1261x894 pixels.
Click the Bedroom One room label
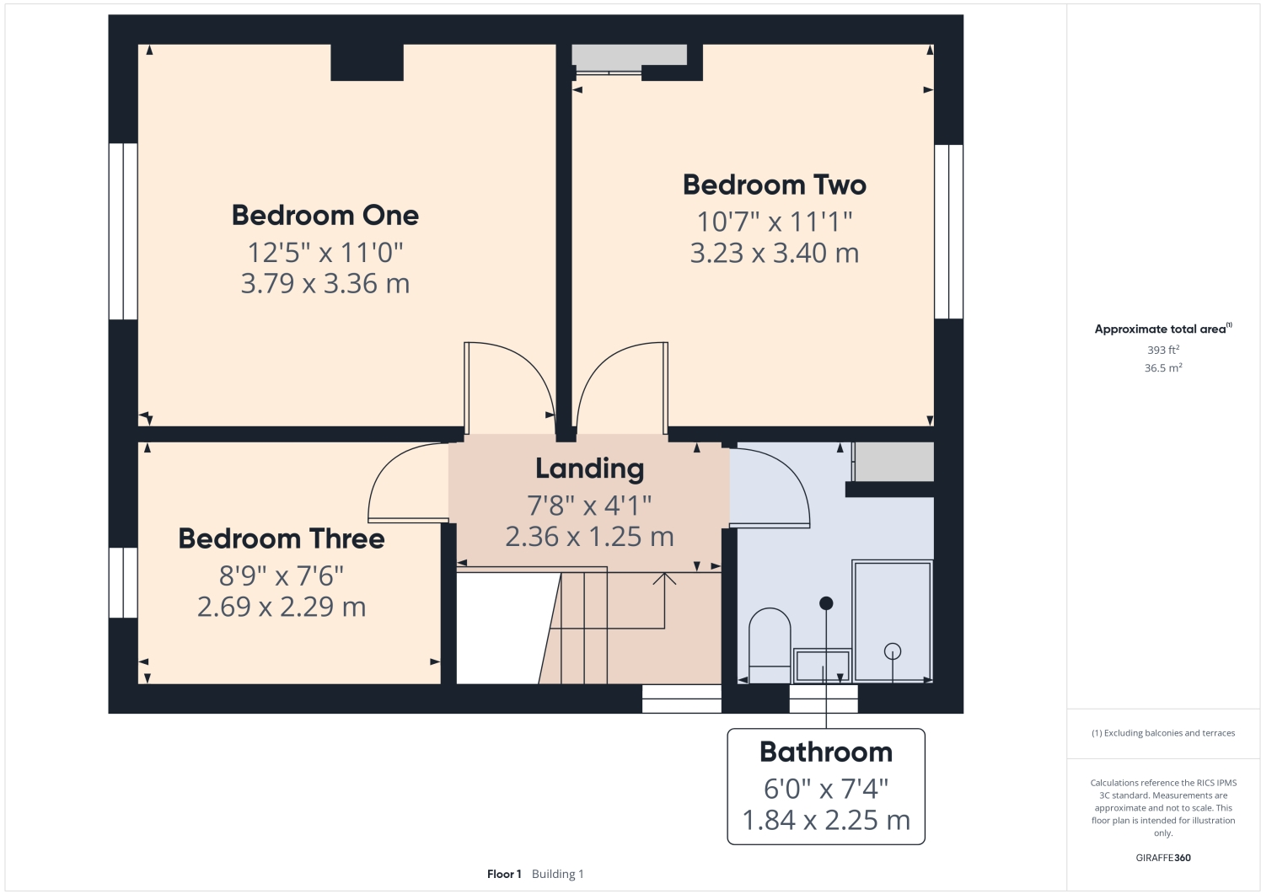(325, 216)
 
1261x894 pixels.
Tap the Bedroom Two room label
(774, 185)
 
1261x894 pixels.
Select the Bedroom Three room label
(282, 539)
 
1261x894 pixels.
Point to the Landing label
(589, 469)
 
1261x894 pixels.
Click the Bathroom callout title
(825, 752)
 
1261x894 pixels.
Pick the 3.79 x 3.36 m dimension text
(325, 284)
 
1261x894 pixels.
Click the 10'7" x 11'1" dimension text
(774, 222)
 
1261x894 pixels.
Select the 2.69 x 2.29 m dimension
(282, 608)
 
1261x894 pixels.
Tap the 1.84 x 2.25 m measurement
(825, 821)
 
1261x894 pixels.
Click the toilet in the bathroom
(769, 645)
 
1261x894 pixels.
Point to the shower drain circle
(892, 651)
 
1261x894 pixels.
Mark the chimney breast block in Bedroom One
(367, 62)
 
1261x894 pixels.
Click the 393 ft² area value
(1162, 350)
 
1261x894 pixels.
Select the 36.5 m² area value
(1162, 368)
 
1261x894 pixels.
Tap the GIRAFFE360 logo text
(1162, 858)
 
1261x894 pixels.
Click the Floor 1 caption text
(504, 874)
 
